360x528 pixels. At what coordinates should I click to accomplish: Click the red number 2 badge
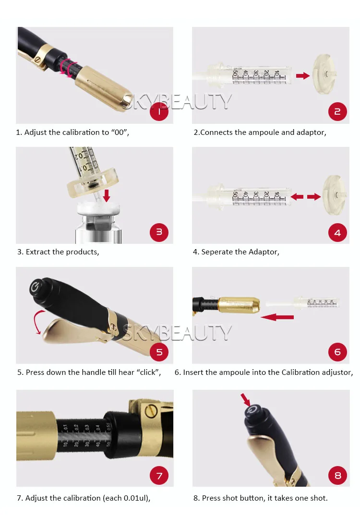[337, 112]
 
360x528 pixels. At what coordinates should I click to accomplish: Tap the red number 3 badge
[159, 232]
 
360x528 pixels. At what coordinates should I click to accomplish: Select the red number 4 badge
[337, 232]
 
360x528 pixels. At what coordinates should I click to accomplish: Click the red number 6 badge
[337, 352]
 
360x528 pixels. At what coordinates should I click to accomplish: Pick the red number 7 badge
[159, 475]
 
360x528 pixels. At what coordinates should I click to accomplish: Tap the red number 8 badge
[337, 475]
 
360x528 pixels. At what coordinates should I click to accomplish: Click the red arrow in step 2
[303, 75]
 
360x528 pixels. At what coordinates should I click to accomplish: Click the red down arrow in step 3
[107, 196]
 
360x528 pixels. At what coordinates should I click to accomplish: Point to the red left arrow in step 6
[277, 317]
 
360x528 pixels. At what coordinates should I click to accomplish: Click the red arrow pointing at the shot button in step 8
[246, 400]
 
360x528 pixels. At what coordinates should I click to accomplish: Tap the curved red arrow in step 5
[38, 322]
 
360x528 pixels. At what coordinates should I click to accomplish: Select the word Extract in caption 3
[38, 252]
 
